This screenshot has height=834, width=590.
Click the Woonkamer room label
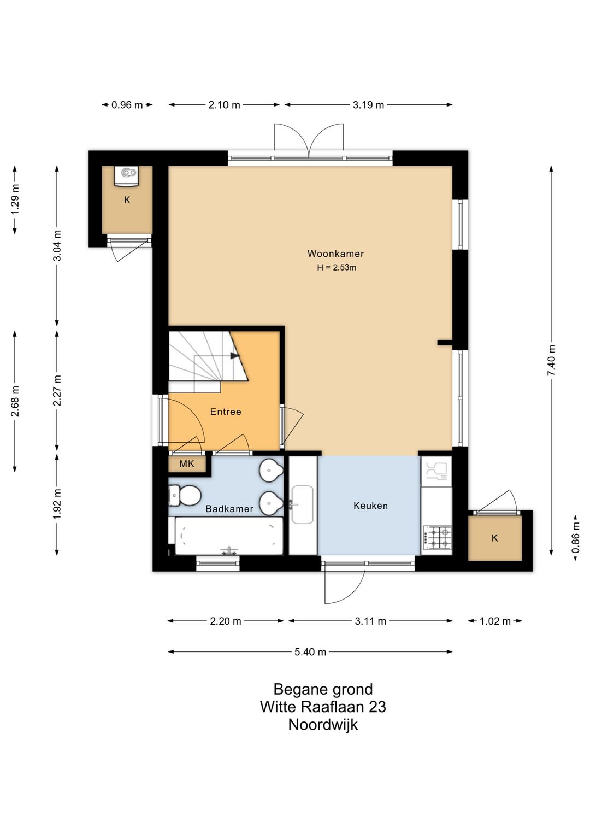coord(335,254)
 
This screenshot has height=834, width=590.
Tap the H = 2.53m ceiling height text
coord(337,267)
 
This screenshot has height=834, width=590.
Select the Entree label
coord(226,412)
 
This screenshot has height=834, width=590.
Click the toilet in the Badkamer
coord(185,496)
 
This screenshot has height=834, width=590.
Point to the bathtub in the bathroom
coord(228,536)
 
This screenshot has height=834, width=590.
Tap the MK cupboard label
coord(187,464)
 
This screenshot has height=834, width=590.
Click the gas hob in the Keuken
coord(437,537)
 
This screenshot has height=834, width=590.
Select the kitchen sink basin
coord(302,504)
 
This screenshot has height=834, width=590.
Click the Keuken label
coord(370,506)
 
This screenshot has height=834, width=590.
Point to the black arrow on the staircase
coord(234,356)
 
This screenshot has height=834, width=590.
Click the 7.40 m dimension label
coord(551,360)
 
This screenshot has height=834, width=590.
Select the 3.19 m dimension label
coord(368,105)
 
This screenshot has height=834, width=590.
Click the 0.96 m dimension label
coord(127,105)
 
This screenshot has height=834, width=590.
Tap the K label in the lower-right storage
coord(495,538)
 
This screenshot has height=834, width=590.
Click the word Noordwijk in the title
coord(323,725)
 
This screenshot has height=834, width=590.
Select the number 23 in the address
coord(377,707)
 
